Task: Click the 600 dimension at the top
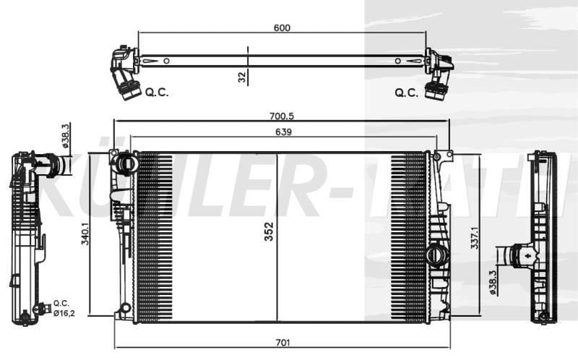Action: (282, 27)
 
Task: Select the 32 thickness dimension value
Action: (242, 75)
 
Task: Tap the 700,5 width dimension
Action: (282, 116)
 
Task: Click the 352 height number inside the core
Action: (269, 231)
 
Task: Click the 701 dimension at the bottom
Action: (282, 342)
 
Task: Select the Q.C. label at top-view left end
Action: (157, 93)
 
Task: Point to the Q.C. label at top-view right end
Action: (407, 93)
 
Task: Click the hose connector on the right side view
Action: (515, 256)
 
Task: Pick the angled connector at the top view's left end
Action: (124, 75)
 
